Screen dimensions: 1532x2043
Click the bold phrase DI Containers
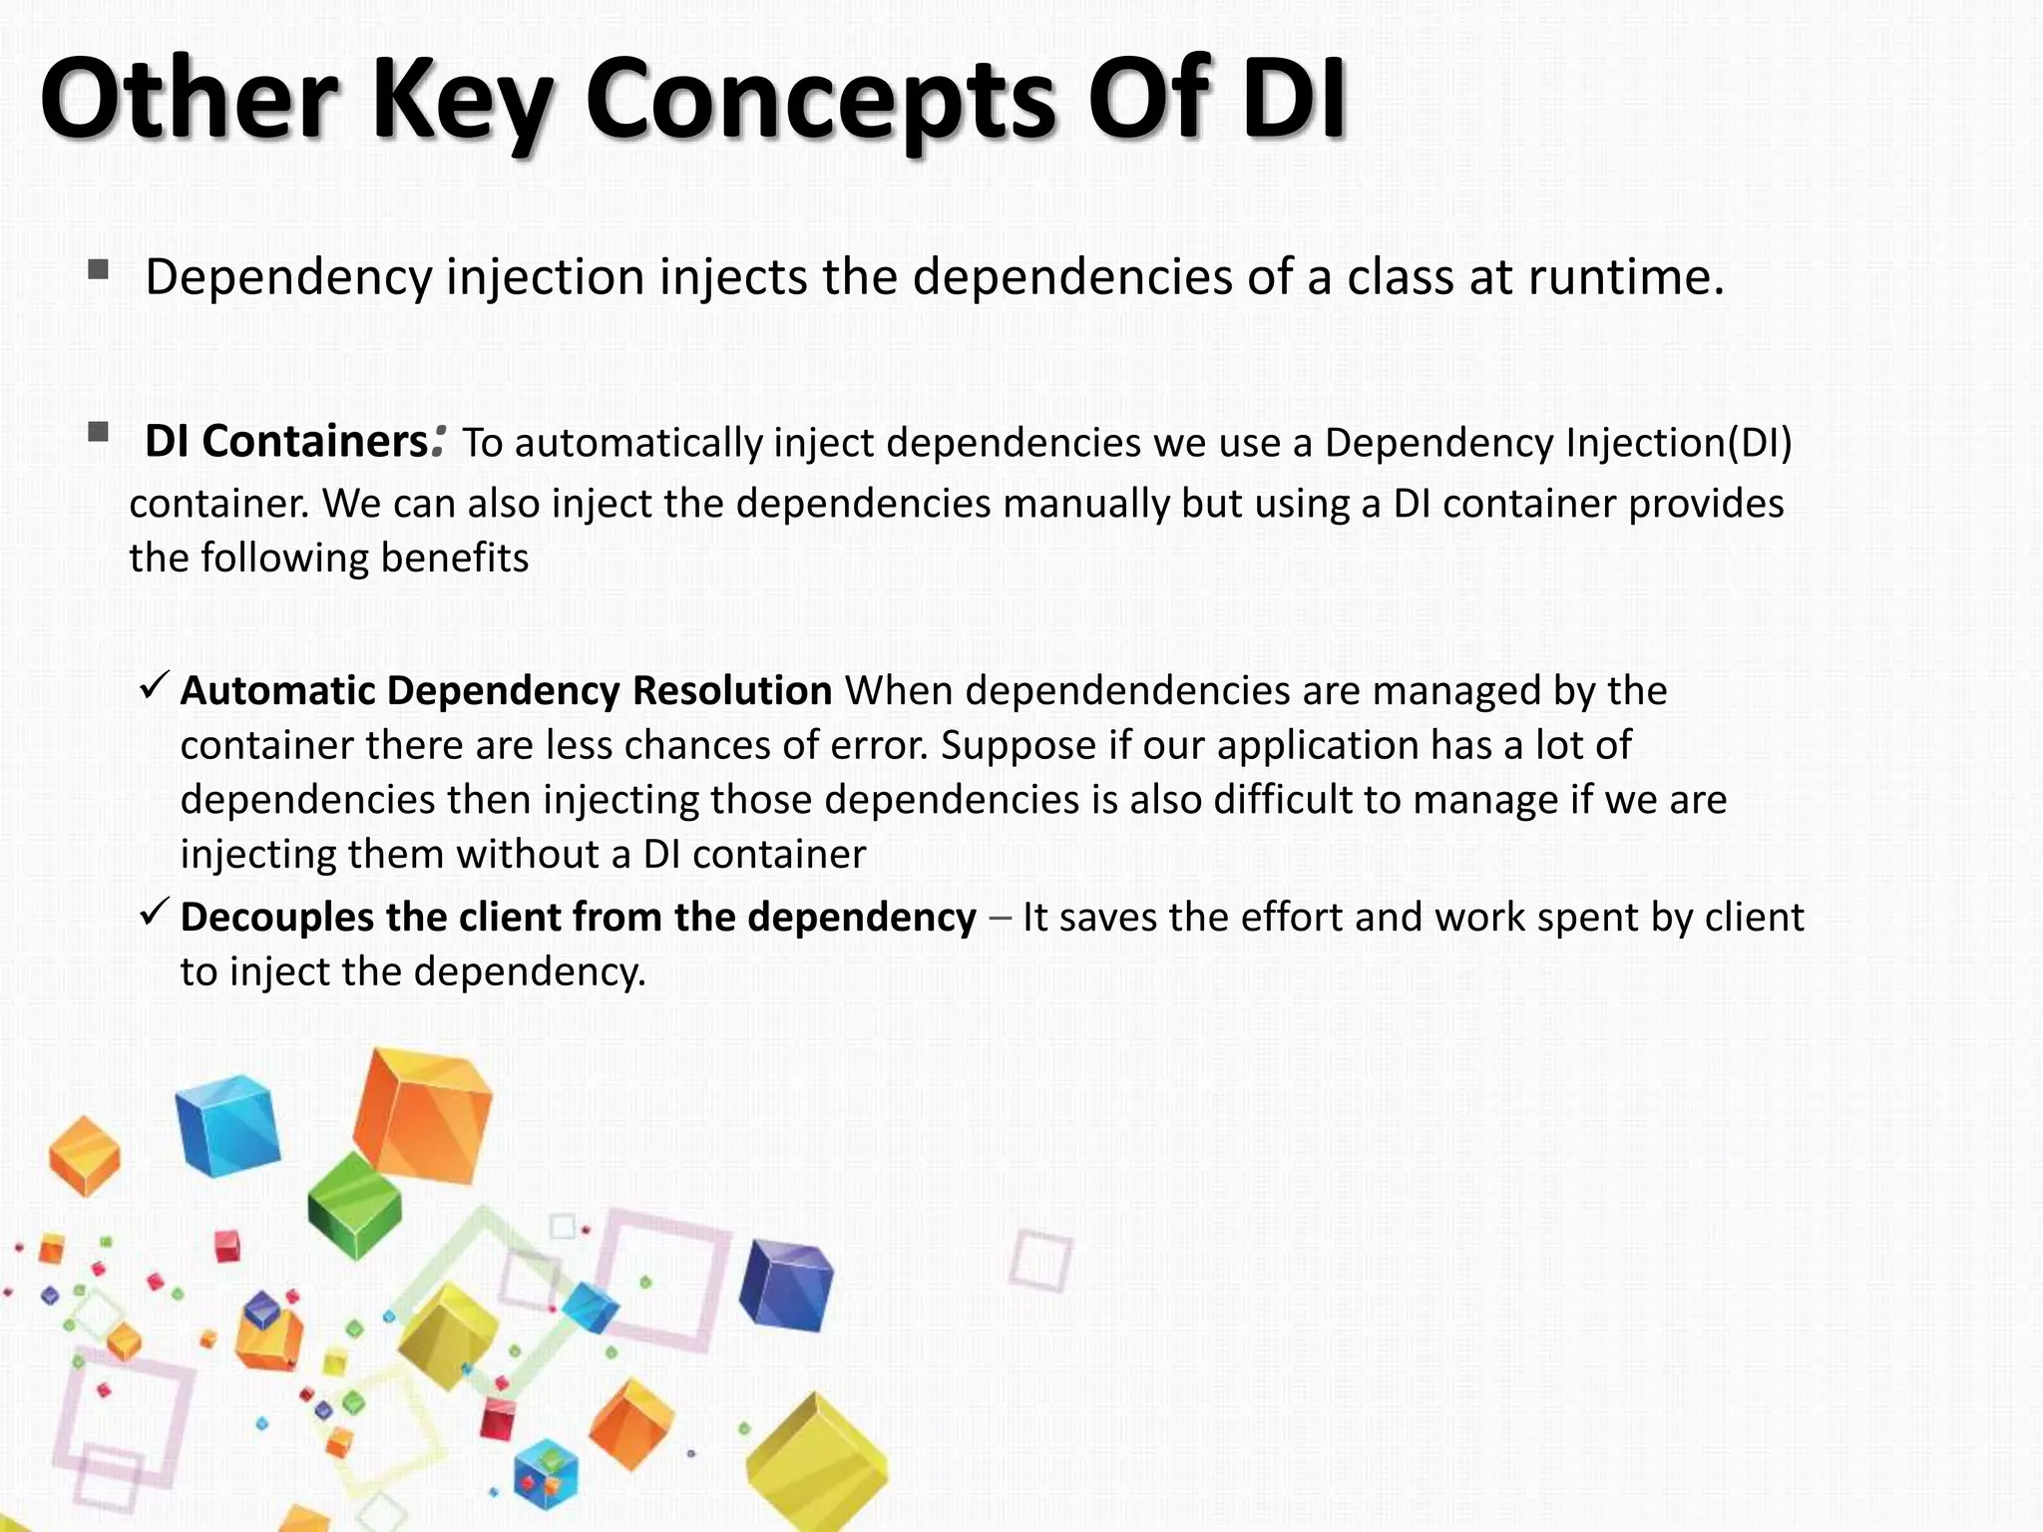click(285, 441)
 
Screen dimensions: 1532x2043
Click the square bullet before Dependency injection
click(98, 269)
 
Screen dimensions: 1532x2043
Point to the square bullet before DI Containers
click(98, 432)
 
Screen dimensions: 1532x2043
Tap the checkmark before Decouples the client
click(155, 911)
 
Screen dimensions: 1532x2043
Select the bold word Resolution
click(731, 691)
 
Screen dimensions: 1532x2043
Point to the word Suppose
click(1018, 746)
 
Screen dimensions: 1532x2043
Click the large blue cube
click(227, 1125)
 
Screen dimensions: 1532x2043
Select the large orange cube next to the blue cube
click(424, 1115)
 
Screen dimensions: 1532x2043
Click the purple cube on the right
click(786, 1285)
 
